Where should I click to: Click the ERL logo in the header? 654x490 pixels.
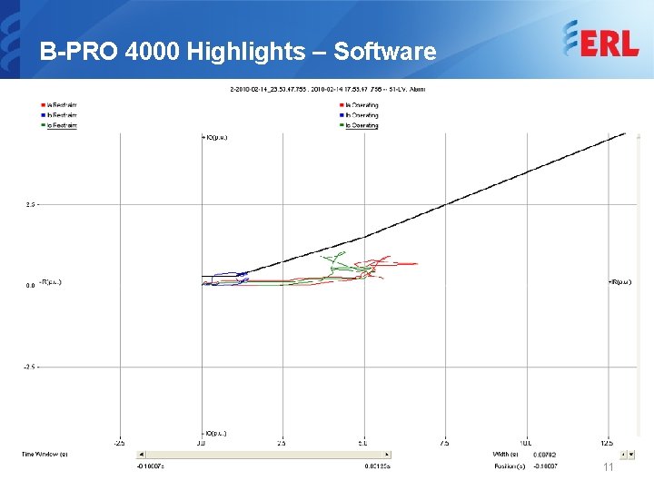coord(600,40)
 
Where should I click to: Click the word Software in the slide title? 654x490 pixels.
coord(385,52)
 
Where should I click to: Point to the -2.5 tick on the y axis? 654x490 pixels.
coord(30,367)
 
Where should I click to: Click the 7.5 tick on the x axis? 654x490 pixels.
coord(443,444)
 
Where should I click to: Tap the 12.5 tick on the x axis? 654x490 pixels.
coord(606,444)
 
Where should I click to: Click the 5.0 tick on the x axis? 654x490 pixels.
coord(362,444)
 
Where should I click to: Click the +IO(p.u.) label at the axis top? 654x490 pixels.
coord(214,138)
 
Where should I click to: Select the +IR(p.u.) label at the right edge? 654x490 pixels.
coord(619,282)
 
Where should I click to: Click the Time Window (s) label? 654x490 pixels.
coord(45,454)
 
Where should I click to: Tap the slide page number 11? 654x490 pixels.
coord(609,466)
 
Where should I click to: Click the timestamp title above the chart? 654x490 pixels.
coord(327,89)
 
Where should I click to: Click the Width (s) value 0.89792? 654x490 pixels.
coord(544,454)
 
